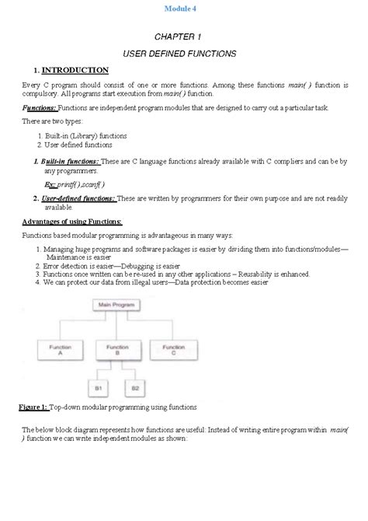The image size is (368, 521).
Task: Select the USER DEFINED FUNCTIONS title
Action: pyautogui.click(x=183, y=54)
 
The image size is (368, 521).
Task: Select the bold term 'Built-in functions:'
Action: pyautogui.click(x=71, y=161)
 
